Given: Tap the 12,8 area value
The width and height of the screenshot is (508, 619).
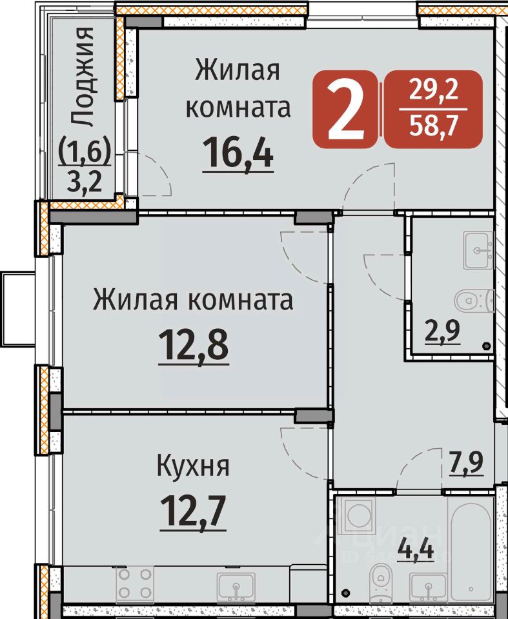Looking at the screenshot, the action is point(193,346).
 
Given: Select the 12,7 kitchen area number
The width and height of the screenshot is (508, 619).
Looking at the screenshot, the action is point(193,512).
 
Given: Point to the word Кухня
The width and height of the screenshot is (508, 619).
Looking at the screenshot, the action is point(193,466).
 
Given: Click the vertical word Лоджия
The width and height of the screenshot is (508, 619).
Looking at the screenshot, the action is point(82,77).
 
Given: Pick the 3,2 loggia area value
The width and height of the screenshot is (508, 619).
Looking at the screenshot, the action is point(85,182).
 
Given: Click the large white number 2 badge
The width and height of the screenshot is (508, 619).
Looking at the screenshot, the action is point(345,109).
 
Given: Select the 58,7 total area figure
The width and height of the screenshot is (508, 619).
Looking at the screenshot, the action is point(434,126).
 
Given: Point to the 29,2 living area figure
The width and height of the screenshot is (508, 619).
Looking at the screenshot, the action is point(434,90).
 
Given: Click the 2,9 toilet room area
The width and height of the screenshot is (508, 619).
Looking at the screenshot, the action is point(442,331).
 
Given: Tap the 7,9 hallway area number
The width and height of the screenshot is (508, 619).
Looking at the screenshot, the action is point(466,462).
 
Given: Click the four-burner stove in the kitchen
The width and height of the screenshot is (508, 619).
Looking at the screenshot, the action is point(135,583).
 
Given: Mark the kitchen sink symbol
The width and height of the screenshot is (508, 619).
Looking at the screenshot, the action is point(236,586).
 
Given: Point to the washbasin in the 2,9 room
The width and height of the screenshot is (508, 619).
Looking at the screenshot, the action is point(478,251).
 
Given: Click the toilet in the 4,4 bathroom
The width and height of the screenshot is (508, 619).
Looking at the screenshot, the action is point(380,583).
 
